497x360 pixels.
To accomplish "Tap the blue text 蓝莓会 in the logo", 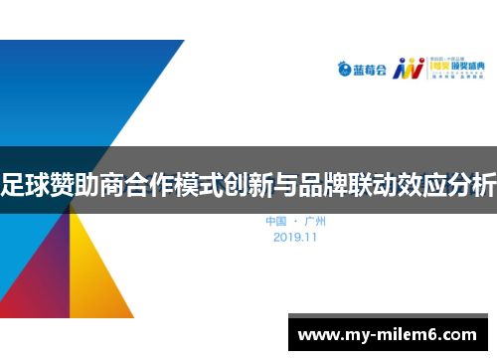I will tap(368, 70).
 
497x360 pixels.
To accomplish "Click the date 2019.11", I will tap(296, 238).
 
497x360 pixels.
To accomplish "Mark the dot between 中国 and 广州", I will tap(296, 221).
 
